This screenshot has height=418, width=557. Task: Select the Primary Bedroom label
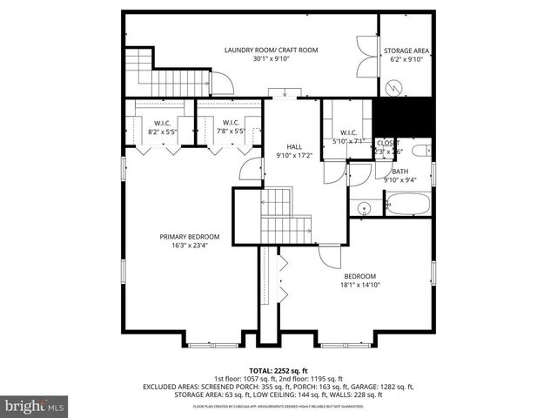[189, 237]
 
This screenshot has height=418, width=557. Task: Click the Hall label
[294, 146]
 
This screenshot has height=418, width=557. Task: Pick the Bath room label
[399, 172]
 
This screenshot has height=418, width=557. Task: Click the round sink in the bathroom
[363, 207]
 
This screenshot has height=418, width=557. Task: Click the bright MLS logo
[35, 405]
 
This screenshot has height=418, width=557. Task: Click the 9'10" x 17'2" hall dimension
[294, 156]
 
